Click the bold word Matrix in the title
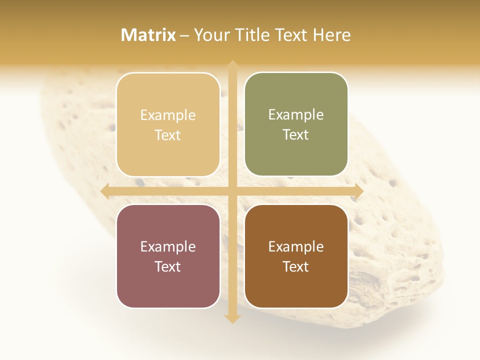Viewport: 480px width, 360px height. (x=148, y=35)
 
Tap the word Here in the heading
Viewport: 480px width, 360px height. (x=331, y=35)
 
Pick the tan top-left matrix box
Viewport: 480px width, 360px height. (x=168, y=124)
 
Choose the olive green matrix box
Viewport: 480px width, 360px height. (x=296, y=124)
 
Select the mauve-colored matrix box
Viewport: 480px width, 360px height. (x=168, y=256)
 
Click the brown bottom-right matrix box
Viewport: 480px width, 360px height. (x=296, y=256)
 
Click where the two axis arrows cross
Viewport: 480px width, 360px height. (x=232, y=191)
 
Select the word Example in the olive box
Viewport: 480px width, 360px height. (x=296, y=114)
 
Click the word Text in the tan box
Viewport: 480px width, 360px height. (x=168, y=135)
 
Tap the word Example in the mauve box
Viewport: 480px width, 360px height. (x=168, y=246)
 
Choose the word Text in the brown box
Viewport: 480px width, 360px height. (x=296, y=266)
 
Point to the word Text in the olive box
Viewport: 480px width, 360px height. (x=296, y=135)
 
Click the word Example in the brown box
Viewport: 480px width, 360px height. (x=296, y=246)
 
